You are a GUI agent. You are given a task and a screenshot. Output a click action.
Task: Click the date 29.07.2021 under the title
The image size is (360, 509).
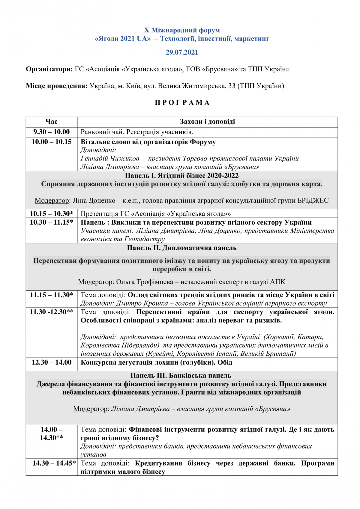coord(182,52)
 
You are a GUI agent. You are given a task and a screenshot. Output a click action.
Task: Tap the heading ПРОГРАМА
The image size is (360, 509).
coord(182,103)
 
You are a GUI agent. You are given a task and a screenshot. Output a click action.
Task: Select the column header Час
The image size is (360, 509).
coord(51,121)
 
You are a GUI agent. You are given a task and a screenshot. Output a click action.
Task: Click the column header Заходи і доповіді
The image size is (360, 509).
coord(207,121)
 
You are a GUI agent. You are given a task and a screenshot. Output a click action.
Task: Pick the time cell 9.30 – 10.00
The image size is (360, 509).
coord(51,132)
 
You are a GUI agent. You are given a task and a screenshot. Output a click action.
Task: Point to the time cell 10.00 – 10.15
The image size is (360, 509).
coord(51,142)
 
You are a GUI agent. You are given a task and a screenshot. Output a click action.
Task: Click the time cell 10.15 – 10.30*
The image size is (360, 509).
coord(51,214)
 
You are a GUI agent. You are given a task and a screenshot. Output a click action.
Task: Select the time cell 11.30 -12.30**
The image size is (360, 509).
coord(51,312)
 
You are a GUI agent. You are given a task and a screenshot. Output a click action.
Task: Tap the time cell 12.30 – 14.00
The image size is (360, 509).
coord(51,362)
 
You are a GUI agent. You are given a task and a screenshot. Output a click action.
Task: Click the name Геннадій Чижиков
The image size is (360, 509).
coord(110,158)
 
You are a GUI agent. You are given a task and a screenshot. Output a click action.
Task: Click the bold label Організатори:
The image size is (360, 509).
coord(49,69)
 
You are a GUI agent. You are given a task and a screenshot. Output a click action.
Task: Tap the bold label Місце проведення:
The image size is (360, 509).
coord(57,86)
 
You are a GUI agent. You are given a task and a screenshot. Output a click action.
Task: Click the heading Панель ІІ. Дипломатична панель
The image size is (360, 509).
coord(182,248)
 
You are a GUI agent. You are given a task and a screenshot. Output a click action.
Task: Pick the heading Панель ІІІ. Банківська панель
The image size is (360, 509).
coord(181,376)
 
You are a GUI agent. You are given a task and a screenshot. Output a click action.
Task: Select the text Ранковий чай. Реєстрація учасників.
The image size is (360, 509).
coord(137,132)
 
